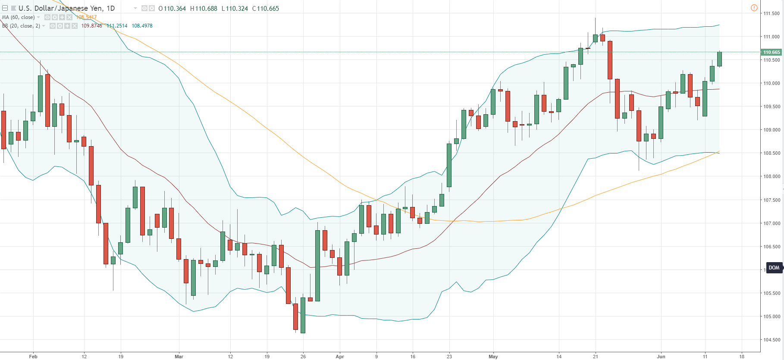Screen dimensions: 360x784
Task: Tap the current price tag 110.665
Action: point(771,52)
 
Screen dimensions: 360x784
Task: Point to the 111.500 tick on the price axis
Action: point(771,13)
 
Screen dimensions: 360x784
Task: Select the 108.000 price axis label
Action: point(771,176)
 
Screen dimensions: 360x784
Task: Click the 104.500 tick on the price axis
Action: point(771,340)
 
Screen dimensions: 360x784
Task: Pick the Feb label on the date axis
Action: point(33,357)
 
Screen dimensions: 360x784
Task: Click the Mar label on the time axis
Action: point(179,357)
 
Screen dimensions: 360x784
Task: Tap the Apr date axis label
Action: point(340,357)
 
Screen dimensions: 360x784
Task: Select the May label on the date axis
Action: point(493,357)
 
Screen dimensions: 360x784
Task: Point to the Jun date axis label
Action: point(661,357)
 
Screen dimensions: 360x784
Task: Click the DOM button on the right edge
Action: point(774,268)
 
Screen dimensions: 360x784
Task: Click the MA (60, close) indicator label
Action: point(19,17)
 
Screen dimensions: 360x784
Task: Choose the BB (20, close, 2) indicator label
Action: point(21,26)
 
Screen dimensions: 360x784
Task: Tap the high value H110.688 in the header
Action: point(204,9)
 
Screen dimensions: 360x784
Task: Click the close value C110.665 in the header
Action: point(266,9)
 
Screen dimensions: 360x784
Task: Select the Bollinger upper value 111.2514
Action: point(117,26)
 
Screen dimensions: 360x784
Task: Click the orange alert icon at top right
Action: point(754,8)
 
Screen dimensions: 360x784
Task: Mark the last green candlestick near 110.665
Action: point(719,59)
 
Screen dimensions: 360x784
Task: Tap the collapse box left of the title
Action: point(5,8)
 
